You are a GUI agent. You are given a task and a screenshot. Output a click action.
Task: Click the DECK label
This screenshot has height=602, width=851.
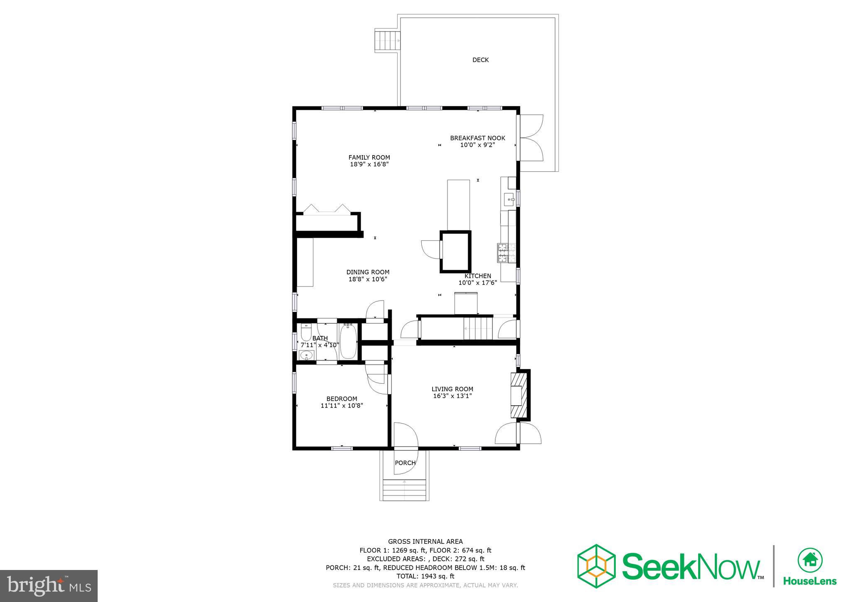tap(480, 60)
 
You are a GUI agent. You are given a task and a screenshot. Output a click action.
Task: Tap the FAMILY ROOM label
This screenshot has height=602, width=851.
tap(369, 158)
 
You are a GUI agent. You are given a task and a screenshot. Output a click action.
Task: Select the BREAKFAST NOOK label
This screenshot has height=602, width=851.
tap(477, 138)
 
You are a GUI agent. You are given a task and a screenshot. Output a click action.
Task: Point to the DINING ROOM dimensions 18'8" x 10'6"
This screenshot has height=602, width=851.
tap(368, 279)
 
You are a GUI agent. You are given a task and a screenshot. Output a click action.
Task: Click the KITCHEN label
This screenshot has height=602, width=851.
tap(477, 276)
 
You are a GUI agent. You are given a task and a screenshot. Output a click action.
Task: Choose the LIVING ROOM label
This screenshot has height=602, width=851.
tap(452, 389)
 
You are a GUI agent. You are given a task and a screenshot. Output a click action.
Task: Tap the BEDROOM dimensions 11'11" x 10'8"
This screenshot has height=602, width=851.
tap(342, 406)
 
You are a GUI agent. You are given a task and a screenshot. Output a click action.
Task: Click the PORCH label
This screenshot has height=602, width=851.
tap(405, 463)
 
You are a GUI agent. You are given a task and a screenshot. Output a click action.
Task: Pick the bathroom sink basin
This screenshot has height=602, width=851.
tap(307, 355)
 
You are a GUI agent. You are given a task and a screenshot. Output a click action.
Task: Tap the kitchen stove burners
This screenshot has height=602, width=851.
tap(506, 253)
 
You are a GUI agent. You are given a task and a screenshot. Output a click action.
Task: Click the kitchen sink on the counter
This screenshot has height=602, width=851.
tap(509, 200)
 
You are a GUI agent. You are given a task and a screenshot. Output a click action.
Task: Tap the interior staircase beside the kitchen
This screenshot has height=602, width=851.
tap(478, 328)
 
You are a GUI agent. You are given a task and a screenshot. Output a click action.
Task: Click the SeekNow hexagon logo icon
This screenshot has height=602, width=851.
tap(596, 566)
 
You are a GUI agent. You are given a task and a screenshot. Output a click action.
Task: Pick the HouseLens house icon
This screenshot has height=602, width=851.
tap(810, 560)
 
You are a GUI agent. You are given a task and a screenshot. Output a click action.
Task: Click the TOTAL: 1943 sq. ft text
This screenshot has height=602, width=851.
tap(425, 576)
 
